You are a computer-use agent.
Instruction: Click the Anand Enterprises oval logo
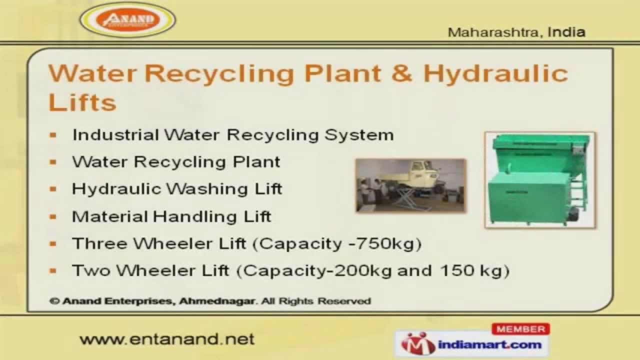point(128,20)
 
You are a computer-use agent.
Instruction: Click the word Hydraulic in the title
point(495,74)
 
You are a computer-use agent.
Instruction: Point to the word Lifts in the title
point(82,102)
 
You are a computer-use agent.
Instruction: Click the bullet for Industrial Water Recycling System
point(53,135)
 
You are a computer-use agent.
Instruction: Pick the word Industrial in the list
point(115,135)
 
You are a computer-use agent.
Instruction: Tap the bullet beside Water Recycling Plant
point(53,162)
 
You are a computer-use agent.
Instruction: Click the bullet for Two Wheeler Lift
point(53,270)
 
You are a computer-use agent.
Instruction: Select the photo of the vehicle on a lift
point(410,185)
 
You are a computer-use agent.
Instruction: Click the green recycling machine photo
point(540,180)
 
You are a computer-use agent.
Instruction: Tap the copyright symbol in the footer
point(55,301)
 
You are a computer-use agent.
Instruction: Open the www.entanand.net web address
point(167,339)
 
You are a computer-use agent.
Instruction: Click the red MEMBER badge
point(520,329)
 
